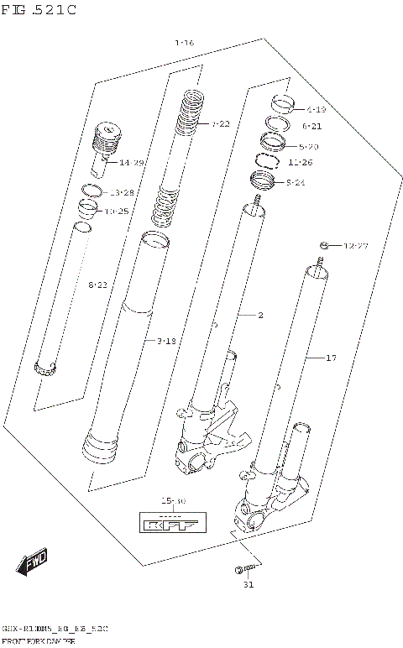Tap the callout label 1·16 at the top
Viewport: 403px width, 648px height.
pos(184,42)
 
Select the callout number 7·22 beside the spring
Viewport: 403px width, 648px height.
pos(219,123)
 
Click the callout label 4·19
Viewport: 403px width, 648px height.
pos(316,109)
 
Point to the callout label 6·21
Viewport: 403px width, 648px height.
pos(311,126)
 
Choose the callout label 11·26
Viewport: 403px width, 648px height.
pos(300,162)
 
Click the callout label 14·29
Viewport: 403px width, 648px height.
pos(131,162)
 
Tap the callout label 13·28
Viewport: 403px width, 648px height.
pos(121,192)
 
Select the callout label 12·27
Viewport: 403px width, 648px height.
pos(356,246)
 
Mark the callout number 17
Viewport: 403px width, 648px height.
pos(331,358)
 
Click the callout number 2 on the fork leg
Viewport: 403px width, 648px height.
pos(260,316)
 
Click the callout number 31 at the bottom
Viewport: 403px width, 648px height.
pos(248,585)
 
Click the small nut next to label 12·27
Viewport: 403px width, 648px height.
pos(323,245)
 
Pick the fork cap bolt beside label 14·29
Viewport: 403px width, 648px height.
pos(107,139)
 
